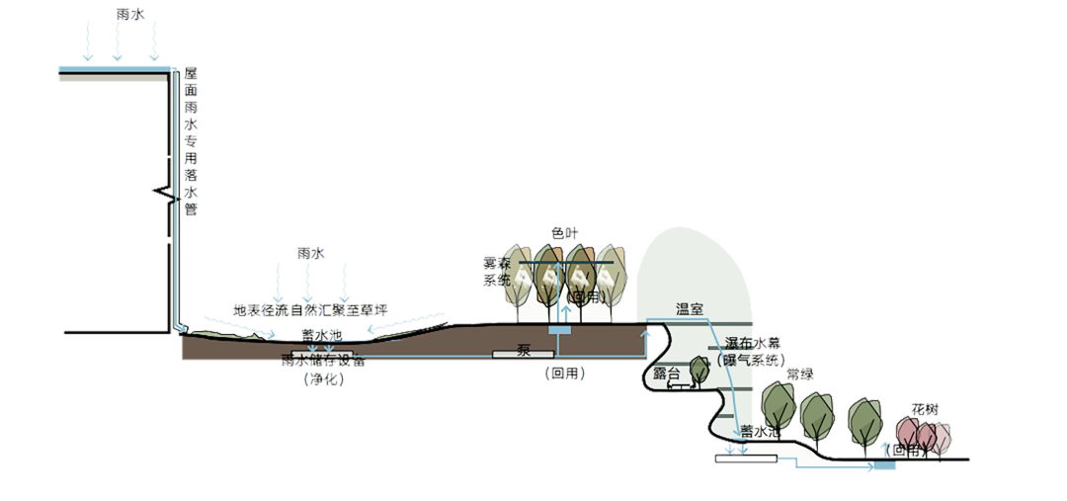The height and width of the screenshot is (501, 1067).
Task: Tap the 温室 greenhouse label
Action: point(689,309)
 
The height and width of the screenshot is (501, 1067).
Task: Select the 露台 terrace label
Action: point(668,375)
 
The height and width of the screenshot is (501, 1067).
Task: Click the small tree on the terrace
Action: point(699,370)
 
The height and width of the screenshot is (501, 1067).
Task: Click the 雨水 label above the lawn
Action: point(309,253)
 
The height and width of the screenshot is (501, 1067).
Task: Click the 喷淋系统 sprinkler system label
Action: point(495,271)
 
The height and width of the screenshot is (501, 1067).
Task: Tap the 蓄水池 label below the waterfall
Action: point(761,431)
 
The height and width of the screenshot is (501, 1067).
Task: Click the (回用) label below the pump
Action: point(563,374)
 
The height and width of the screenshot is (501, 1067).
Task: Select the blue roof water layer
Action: point(113,67)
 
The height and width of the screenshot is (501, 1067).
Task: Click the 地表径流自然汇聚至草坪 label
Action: point(309,310)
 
